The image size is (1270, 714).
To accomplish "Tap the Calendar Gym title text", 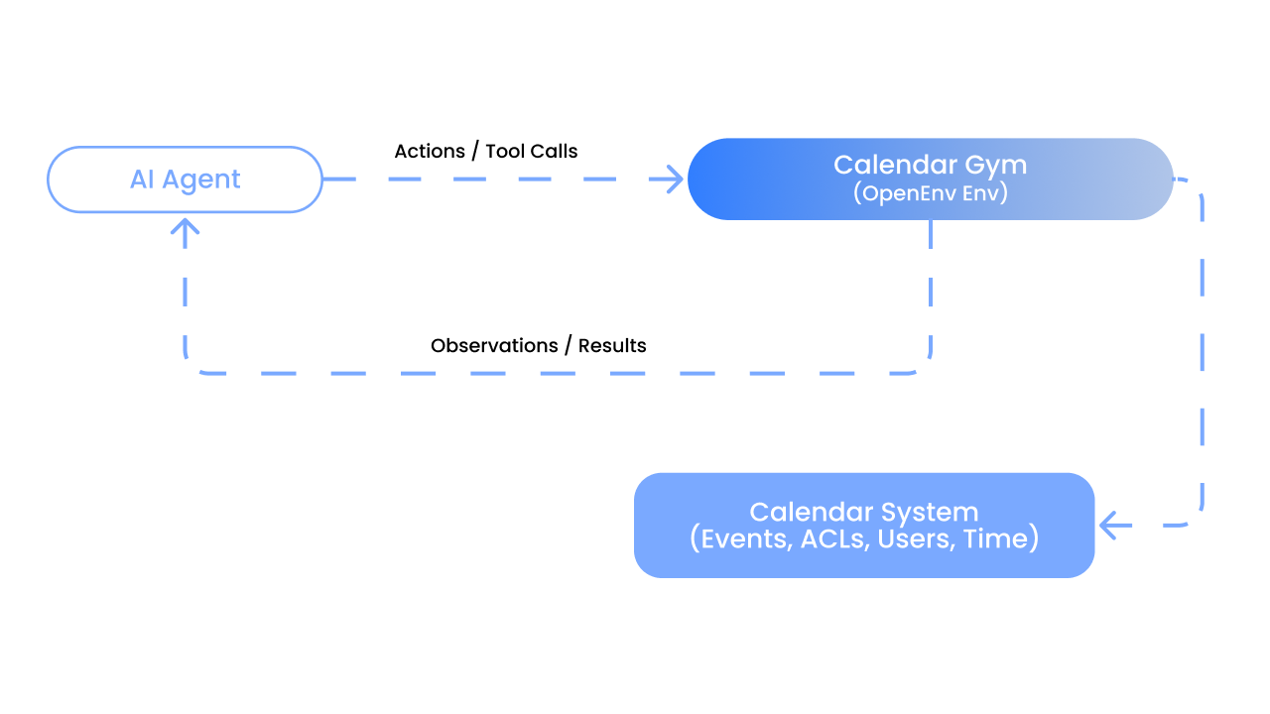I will point(930,165).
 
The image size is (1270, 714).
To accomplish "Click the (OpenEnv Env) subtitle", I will point(930,192).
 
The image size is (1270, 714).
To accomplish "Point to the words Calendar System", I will point(863,512).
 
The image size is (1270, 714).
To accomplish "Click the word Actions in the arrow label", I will point(430,152).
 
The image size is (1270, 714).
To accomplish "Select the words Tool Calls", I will point(531,152).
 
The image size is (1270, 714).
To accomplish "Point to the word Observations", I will point(494,346).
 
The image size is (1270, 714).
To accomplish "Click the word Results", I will point(612,346).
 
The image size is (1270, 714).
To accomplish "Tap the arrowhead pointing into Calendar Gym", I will point(675,179).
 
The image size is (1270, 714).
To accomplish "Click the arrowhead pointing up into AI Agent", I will point(186,227).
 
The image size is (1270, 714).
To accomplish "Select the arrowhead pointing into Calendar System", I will point(1109,526).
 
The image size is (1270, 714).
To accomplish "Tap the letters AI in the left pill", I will point(143,179).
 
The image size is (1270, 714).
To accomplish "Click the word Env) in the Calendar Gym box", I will point(986,192).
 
